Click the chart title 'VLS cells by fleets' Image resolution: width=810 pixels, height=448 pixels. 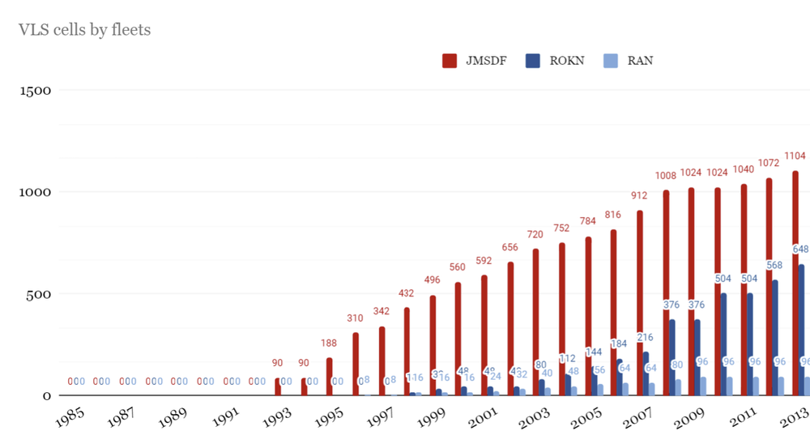pos(84,30)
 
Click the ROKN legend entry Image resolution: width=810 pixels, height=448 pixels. pos(555,61)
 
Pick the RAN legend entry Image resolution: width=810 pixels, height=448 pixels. pos(629,61)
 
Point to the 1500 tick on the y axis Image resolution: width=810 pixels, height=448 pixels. pos(35,90)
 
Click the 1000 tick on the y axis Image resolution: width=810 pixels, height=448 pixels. pos(35,192)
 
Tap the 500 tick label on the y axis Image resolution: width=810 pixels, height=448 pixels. pos(40,294)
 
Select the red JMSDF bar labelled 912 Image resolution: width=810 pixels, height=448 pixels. pos(640,303)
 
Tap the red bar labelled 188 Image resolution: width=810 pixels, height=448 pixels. pos(329,377)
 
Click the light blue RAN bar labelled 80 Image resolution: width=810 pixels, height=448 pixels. pos(678,387)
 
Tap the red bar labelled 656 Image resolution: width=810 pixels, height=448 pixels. pos(510,329)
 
